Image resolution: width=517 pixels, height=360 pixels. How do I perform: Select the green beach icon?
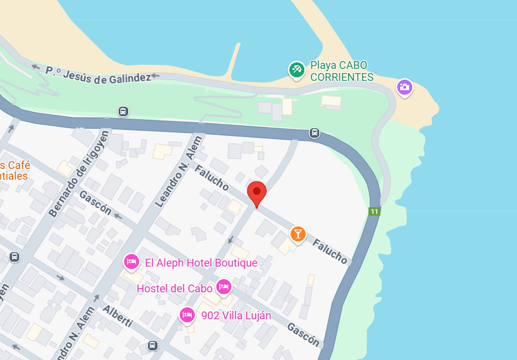(296, 69)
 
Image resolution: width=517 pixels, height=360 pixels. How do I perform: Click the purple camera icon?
(404, 87)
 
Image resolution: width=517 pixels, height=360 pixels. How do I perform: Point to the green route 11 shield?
(374, 211)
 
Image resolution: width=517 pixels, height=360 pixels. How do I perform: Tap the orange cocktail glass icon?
(298, 233)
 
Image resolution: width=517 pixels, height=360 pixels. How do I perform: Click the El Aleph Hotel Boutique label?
(201, 263)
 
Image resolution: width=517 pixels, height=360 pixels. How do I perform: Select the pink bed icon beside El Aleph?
(131, 261)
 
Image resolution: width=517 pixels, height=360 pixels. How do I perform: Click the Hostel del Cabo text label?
(175, 288)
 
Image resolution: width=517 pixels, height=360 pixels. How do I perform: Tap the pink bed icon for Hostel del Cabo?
(224, 287)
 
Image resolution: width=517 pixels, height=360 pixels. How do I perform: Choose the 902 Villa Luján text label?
(236, 316)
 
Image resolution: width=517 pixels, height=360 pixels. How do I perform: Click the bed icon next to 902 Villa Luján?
(187, 314)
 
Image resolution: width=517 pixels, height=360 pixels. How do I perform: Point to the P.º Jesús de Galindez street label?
(98, 74)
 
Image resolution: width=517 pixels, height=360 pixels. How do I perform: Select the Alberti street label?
(117, 317)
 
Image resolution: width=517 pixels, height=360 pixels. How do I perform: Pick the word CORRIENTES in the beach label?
(341, 77)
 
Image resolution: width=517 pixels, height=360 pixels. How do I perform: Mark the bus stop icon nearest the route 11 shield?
(315, 132)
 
